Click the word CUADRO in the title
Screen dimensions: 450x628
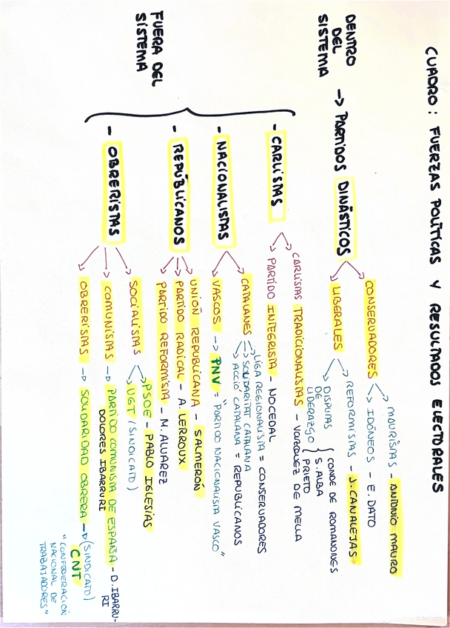[x=432, y=67]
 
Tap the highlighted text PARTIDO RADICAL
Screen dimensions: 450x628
[x=177, y=330]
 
